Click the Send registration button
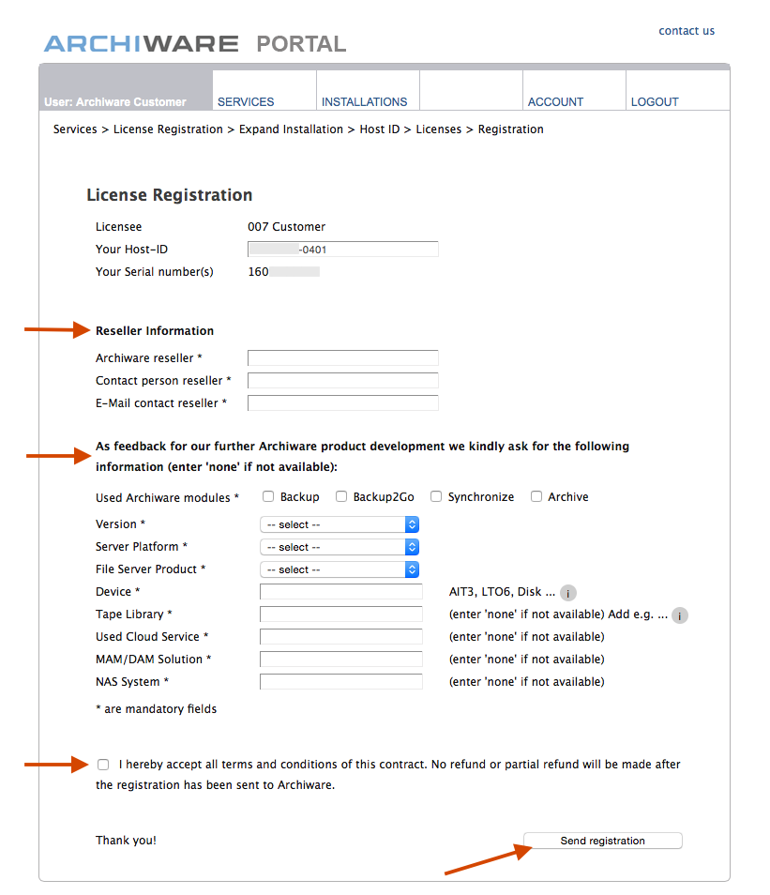(x=602, y=841)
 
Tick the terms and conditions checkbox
(x=103, y=765)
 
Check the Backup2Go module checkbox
(x=341, y=496)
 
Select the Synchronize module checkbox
(x=436, y=496)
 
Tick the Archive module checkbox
(x=536, y=496)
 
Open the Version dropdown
(x=339, y=524)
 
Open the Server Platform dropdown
(x=339, y=547)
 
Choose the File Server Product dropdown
(x=339, y=569)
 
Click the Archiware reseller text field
(x=342, y=357)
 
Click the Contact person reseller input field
(x=342, y=380)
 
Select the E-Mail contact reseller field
(x=342, y=402)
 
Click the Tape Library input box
(x=340, y=614)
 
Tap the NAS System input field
(x=340, y=682)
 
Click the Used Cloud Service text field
(x=340, y=637)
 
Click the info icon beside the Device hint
(x=568, y=593)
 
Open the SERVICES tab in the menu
(x=246, y=101)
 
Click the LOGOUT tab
(x=655, y=101)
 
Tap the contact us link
(x=687, y=31)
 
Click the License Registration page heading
(x=170, y=195)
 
